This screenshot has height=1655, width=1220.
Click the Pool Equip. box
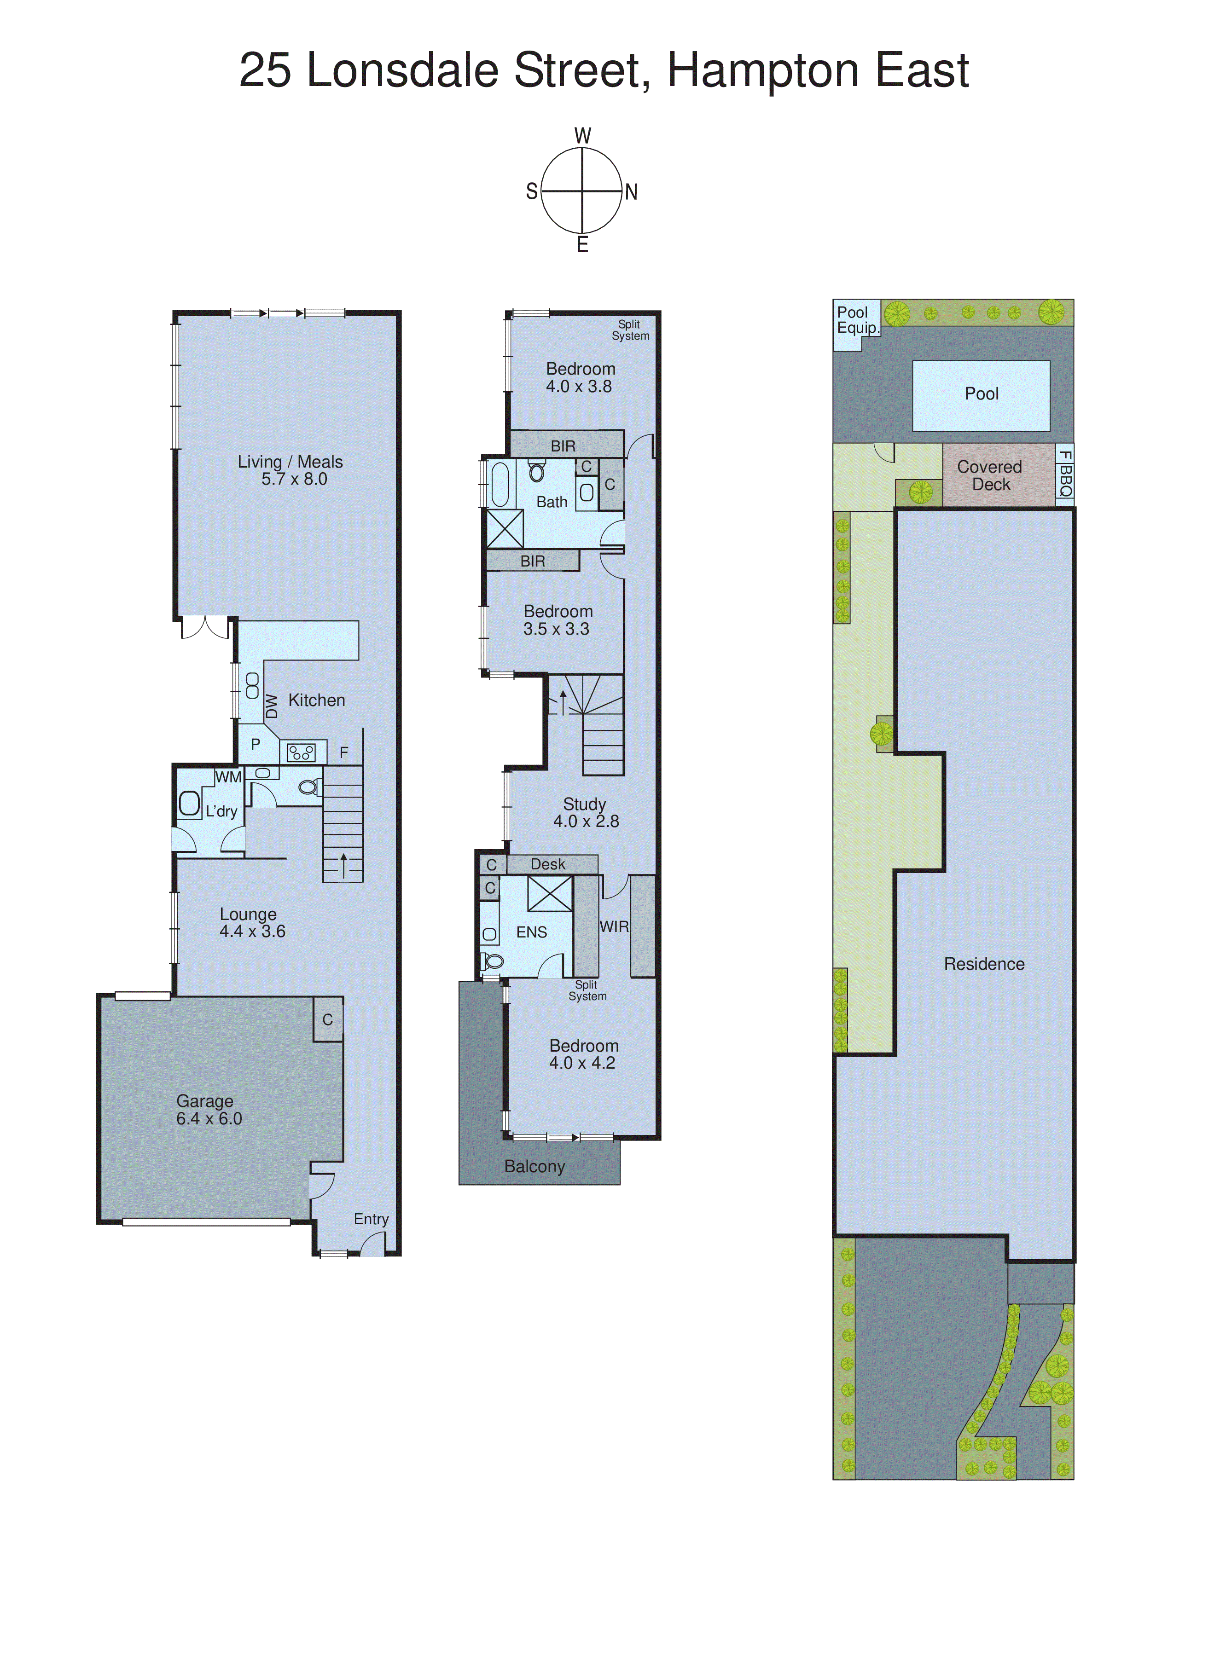857,320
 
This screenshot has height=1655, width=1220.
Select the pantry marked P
256,744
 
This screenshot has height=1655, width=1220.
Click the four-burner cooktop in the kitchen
301,752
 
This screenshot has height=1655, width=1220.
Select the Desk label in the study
547,864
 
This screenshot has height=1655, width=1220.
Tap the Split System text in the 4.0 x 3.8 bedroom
630,330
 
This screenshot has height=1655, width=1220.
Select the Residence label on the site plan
984,964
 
